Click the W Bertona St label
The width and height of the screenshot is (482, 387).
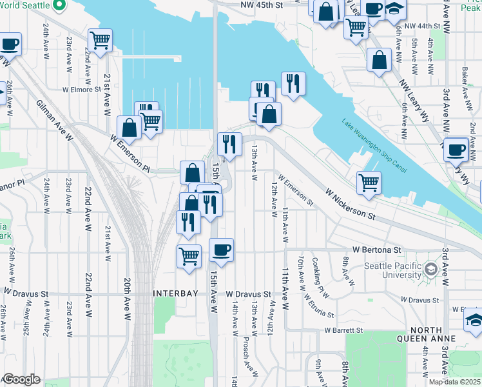click(377, 250)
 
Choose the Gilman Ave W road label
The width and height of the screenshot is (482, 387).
click(55, 121)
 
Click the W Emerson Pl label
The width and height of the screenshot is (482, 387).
click(129, 154)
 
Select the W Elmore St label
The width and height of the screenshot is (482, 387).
click(83, 90)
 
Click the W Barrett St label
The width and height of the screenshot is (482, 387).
click(343, 330)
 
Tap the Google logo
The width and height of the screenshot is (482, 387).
click(21, 379)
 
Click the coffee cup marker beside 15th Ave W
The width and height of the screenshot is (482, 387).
click(221, 250)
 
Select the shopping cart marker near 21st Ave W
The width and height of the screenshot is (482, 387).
click(100, 41)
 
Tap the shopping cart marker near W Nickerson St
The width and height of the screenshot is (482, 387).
click(369, 182)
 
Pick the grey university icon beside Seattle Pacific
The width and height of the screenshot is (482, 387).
click(431, 268)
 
